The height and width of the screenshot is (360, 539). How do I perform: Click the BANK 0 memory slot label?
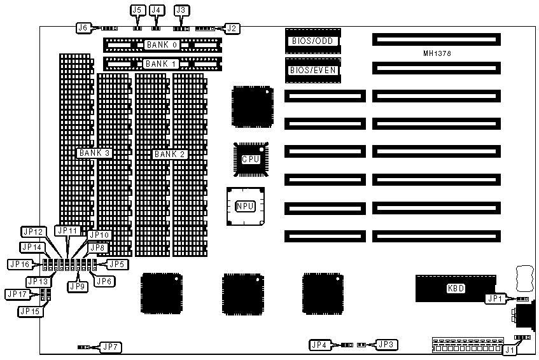[x=162, y=45]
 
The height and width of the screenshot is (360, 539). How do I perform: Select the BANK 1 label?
[x=162, y=64]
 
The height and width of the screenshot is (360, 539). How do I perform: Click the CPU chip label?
[x=249, y=158]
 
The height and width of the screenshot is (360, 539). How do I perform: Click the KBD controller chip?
[x=456, y=288]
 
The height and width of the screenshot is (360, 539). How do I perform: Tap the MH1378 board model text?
[x=436, y=54]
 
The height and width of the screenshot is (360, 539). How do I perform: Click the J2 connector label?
[x=232, y=27]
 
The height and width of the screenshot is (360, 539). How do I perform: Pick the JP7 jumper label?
[x=110, y=347]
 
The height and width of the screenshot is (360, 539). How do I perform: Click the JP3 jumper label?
[x=386, y=344]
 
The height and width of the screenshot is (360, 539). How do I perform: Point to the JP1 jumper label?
[x=495, y=298]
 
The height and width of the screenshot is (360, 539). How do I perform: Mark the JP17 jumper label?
[x=17, y=294]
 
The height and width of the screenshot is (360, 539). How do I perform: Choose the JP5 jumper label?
[x=116, y=263]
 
